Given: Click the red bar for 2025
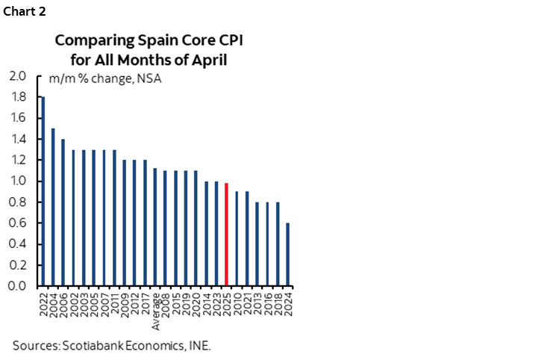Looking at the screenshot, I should [226, 235].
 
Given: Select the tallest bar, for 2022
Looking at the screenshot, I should [43, 191].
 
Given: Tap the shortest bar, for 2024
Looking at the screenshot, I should [287, 254].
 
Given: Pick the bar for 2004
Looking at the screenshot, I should [53, 207].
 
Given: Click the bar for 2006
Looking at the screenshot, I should [63, 212].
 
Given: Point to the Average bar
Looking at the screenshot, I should [154, 227].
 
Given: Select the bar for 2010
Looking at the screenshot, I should [237, 238].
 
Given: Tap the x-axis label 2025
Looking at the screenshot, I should [227, 303].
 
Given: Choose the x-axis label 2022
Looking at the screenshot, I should [43, 303].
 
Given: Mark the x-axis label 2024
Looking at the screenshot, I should [288, 303].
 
